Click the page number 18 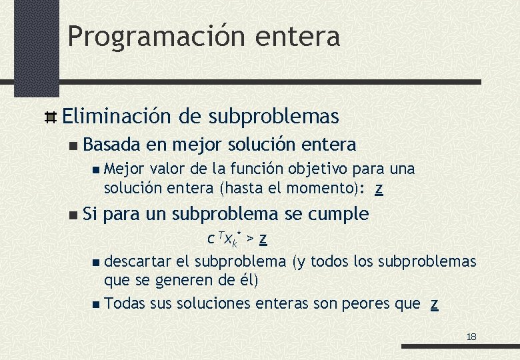(x=471, y=337)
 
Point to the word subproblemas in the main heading (x=274, y=117)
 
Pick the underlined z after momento (x=379, y=189)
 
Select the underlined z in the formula (x=263, y=238)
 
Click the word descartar (x=133, y=261)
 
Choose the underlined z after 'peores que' (x=434, y=304)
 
